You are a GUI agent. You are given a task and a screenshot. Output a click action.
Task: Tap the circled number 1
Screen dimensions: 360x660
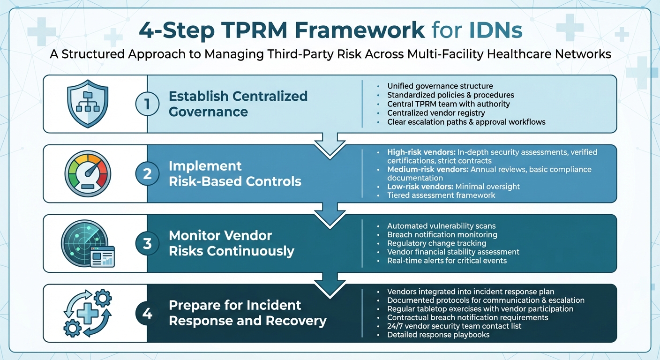[147, 104]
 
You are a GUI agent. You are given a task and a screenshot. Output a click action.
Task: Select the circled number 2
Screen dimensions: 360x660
[147, 173]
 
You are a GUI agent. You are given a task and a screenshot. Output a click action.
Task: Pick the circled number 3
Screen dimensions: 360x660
[147, 243]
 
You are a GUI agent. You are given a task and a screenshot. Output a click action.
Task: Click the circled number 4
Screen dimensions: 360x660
[147, 313]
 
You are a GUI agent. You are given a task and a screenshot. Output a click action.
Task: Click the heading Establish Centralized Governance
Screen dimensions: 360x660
[238, 104]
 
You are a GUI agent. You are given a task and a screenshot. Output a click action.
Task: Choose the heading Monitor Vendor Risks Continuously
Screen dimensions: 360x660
[231, 243]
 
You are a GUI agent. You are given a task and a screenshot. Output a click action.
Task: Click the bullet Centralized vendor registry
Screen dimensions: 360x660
[436, 113]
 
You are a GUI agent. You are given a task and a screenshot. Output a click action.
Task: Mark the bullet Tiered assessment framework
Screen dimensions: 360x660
[441, 195]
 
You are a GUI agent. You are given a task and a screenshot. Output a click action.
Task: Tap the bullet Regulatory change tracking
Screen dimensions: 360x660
[436, 243]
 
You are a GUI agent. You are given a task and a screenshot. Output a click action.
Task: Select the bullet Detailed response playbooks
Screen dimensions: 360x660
[438, 335]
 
